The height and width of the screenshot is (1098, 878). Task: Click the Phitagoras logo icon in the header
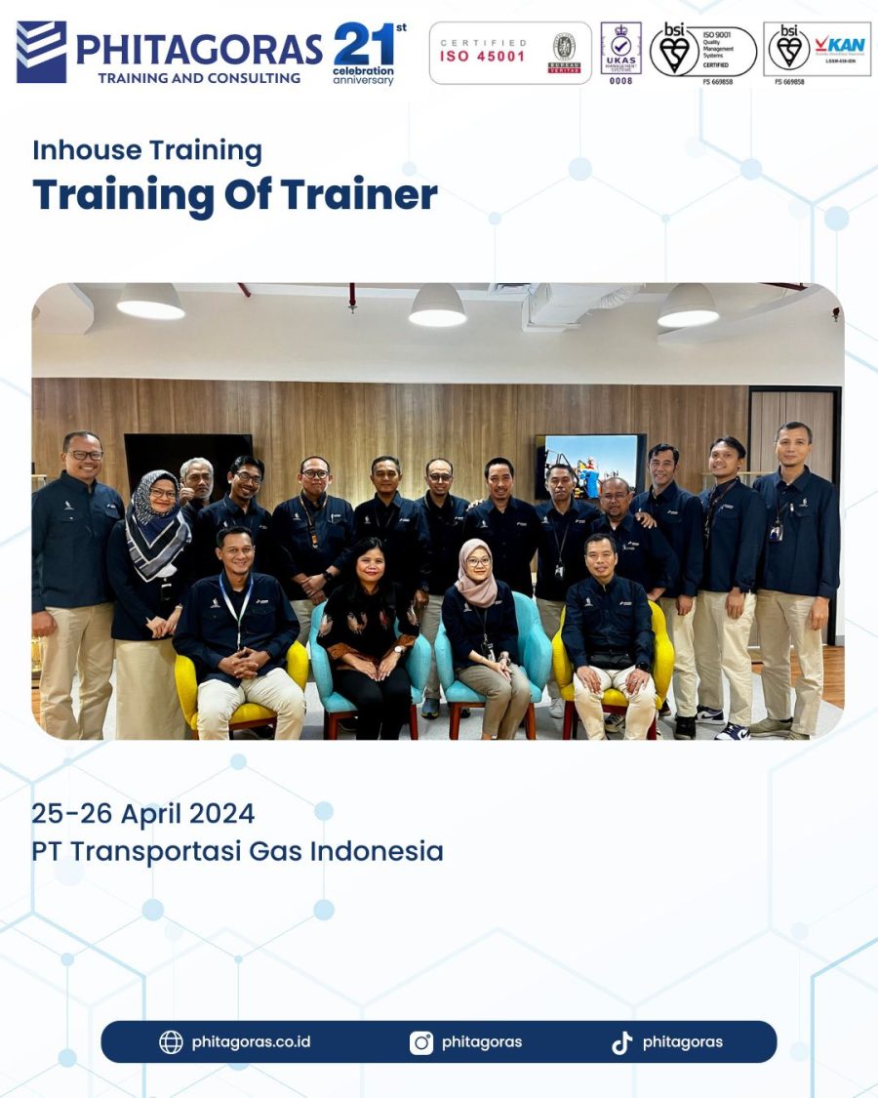click(x=41, y=52)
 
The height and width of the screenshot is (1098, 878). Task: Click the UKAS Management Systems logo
click(x=620, y=51)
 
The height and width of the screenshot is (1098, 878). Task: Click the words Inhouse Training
click(x=147, y=150)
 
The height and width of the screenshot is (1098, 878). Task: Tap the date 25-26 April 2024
click(x=142, y=813)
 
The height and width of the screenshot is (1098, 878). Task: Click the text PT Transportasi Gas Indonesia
click(x=237, y=851)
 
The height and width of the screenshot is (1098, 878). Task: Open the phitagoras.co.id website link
click(x=251, y=1041)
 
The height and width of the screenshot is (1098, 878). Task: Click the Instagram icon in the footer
click(x=421, y=1042)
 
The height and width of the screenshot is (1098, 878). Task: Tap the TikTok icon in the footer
click(x=621, y=1042)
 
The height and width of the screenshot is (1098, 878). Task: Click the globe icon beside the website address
click(x=171, y=1042)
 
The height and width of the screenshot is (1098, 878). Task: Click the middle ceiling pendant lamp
click(x=437, y=306)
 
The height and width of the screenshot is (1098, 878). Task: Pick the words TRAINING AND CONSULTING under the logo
click(x=199, y=77)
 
